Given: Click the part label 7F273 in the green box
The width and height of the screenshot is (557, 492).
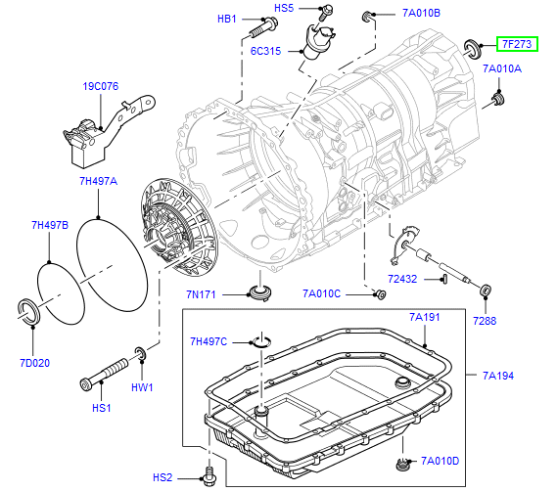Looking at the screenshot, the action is point(517,44).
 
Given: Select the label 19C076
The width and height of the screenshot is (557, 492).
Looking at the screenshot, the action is point(101,86).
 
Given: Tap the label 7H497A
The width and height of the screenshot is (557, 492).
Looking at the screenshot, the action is point(98,181).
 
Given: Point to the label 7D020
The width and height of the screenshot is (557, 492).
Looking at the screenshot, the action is point(35,363).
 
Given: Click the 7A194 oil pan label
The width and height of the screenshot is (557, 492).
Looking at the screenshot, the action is point(498,376).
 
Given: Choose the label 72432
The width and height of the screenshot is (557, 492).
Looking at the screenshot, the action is point(402,279).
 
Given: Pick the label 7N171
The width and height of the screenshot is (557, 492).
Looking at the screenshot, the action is point(201,294).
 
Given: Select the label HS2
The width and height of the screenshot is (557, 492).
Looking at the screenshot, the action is point(162,477).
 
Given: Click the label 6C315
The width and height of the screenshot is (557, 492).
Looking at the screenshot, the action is point(265,51).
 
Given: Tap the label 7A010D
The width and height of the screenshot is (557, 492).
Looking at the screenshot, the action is point(441,461).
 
